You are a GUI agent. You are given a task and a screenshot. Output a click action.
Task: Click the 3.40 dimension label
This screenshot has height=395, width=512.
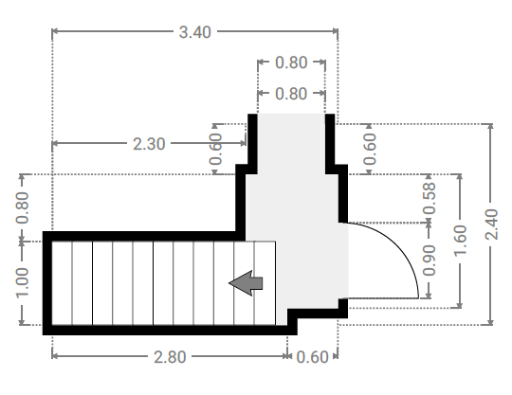(x=195, y=32)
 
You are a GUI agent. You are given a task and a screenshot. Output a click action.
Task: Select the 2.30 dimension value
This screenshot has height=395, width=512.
(x=149, y=144)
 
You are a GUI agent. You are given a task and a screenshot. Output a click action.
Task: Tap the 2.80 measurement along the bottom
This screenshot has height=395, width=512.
(x=170, y=357)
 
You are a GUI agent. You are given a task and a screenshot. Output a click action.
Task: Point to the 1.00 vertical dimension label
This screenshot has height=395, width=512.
(x=22, y=283)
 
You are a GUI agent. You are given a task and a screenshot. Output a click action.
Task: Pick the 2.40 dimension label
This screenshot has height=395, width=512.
(x=492, y=224)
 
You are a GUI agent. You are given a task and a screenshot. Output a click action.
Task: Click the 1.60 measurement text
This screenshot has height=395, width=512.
(x=461, y=240)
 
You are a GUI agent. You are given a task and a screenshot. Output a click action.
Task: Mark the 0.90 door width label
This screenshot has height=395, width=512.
(x=430, y=260)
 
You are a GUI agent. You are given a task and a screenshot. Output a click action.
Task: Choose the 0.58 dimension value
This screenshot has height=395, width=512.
(x=430, y=199)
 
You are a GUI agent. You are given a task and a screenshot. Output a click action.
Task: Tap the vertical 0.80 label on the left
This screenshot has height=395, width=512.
(x=22, y=207)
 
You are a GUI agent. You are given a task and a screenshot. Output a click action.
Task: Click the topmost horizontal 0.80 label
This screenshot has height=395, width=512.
(x=291, y=63)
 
